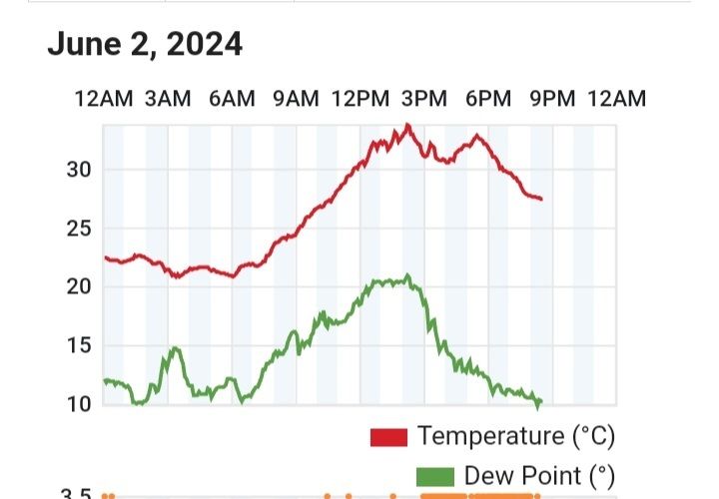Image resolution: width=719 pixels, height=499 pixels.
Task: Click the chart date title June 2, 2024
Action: [145, 45]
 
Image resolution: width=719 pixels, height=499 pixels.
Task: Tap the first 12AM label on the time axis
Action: [104, 99]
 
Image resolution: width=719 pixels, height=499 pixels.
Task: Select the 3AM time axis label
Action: [168, 99]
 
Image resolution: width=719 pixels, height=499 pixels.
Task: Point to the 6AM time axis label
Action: [232, 99]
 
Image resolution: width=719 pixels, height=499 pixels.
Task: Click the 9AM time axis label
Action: [296, 99]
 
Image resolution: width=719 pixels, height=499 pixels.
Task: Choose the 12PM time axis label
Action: [359, 99]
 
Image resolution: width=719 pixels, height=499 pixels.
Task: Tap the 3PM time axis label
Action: [424, 99]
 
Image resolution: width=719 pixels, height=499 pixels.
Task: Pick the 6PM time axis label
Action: [488, 99]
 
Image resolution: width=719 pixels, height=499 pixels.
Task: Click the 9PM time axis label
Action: [552, 99]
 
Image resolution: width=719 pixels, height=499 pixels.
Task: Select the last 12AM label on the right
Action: [616, 99]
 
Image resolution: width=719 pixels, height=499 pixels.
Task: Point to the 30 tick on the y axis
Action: [79, 170]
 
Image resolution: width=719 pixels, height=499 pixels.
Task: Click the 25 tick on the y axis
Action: [79, 229]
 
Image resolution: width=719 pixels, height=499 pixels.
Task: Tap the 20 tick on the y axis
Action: [79, 287]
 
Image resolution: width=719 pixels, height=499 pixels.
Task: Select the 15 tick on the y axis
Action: [79, 345]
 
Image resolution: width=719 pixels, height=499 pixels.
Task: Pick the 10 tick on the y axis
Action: [79, 404]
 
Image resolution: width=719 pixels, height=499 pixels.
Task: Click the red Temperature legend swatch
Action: [388, 437]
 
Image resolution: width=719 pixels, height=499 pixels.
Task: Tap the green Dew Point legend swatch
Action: [431, 475]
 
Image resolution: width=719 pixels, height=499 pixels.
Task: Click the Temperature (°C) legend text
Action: [515, 436]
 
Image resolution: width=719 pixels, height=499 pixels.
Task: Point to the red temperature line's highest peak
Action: [406, 126]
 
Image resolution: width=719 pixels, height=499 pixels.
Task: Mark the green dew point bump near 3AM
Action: [176, 348]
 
